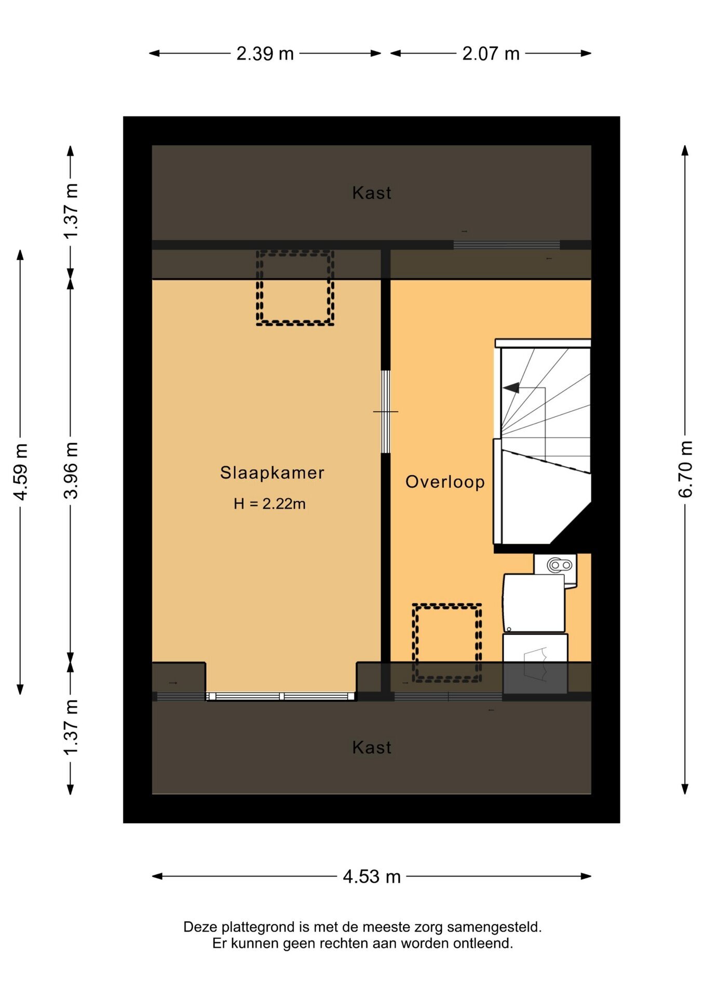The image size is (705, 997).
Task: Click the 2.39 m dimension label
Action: click(265, 53)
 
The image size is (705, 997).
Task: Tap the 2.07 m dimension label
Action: click(491, 53)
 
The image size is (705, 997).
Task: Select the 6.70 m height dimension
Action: click(685, 469)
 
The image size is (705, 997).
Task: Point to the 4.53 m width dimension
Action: click(372, 877)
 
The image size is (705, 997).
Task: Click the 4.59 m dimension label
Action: click(20, 472)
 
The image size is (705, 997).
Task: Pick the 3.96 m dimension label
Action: click(71, 470)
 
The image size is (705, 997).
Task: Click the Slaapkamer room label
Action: click(272, 473)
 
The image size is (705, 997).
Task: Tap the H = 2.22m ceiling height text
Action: click(269, 504)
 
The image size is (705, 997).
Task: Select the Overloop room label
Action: click(445, 482)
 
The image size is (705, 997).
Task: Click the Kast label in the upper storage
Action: click(372, 193)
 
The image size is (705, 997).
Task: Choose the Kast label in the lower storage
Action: click(372, 747)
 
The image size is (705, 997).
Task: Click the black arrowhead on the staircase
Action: click(511, 388)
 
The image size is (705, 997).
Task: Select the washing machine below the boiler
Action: click(534, 603)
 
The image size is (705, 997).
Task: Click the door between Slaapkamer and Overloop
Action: click(386, 412)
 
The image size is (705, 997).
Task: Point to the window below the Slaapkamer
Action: click(281, 696)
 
